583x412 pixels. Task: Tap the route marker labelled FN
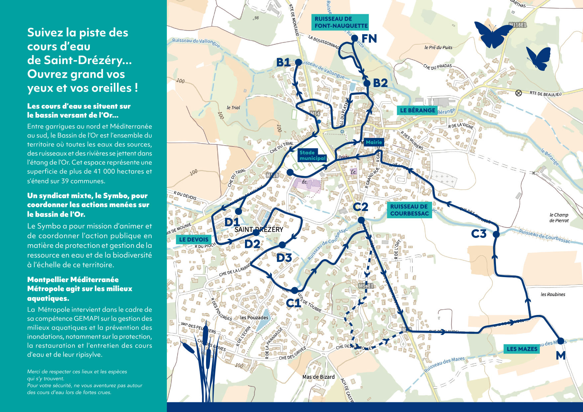pos(355,38)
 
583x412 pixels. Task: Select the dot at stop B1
pos(298,62)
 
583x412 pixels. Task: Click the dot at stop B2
pos(367,83)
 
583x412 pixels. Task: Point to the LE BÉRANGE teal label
pos(417,110)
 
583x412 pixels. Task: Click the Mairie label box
pos(374,142)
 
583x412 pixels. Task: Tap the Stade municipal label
pos(312,155)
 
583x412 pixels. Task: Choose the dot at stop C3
pos(496,234)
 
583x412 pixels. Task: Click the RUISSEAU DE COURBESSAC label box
pos(409,210)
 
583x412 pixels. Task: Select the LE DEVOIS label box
pos(193,240)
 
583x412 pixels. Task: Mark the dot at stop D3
pos(282,245)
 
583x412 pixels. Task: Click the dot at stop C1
pos(295,290)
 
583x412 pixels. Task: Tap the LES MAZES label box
pos(522,349)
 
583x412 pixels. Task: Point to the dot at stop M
pos(560,341)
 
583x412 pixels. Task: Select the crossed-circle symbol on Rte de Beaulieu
pos(519,93)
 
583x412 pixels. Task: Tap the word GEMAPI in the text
pos(86,319)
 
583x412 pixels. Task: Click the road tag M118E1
pos(518,25)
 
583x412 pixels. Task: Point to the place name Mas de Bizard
pos(318,377)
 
